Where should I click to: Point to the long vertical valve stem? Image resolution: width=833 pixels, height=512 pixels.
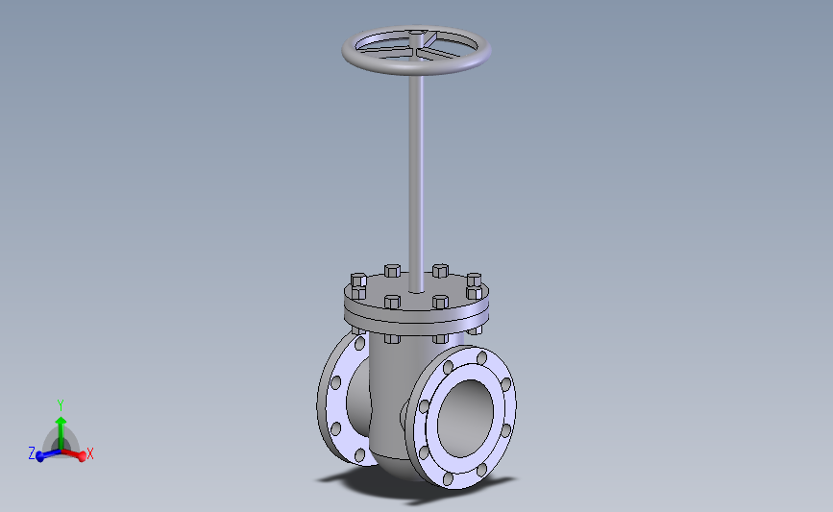pos(416,181)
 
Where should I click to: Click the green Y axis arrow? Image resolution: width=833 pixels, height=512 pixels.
pos(61,433)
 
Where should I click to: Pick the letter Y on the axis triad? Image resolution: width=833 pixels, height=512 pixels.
pos(61,405)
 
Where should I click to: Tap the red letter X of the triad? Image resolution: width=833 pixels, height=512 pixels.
pos(89,454)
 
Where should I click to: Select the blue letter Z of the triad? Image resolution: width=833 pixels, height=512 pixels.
pos(32,453)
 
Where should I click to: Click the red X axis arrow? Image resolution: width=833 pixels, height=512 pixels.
pos(74,454)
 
